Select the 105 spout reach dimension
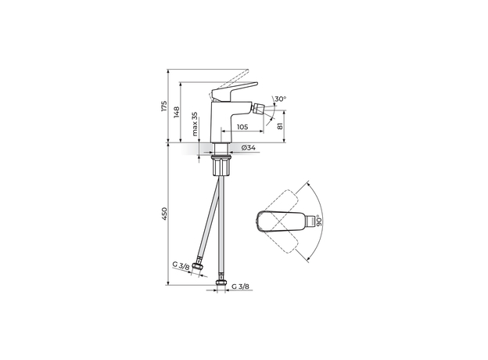(x=242, y=126)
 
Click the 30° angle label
(x=281, y=99)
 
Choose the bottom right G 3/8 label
(x=240, y=286)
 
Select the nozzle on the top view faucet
(x=315, y=223)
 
